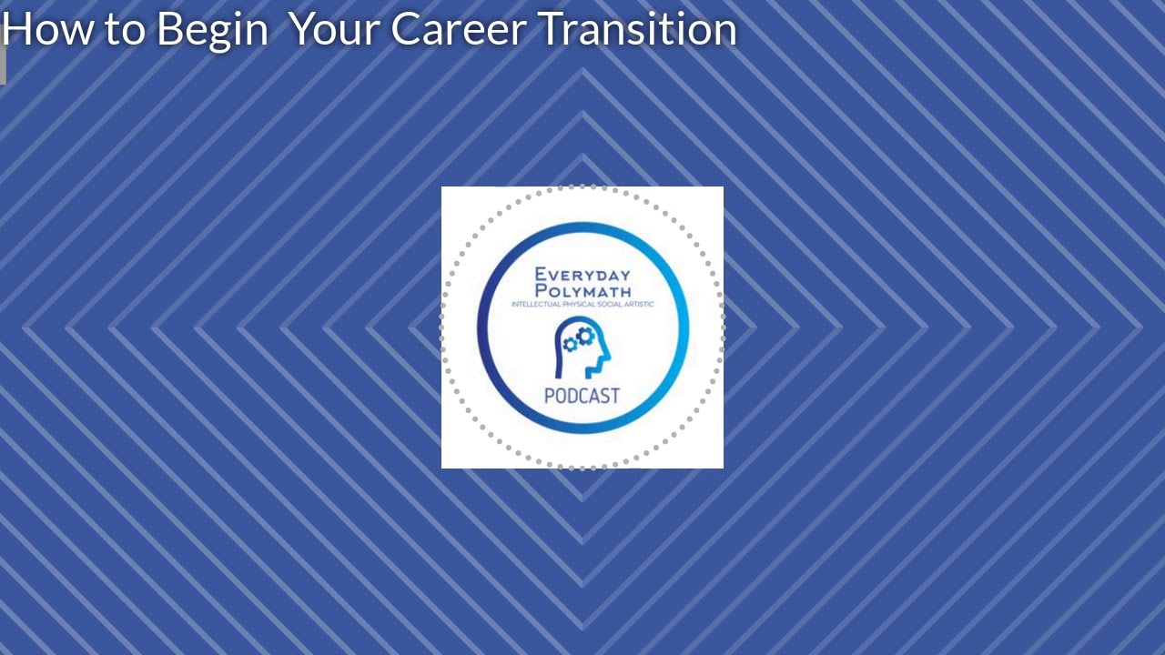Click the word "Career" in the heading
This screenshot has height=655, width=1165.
459,29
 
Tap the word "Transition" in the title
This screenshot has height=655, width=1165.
638,29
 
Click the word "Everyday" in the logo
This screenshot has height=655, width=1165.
582,274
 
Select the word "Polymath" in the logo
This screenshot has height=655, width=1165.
582,290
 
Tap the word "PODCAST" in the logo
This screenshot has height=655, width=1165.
582,396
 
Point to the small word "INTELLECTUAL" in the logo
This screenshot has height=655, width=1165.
536,304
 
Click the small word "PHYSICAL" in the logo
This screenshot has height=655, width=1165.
580,304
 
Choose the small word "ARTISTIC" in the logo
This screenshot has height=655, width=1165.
638,304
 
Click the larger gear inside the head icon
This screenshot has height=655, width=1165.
586,336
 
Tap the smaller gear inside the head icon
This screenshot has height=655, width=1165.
571,345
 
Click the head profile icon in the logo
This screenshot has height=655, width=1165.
582,349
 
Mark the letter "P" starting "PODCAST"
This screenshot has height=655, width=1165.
550,396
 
